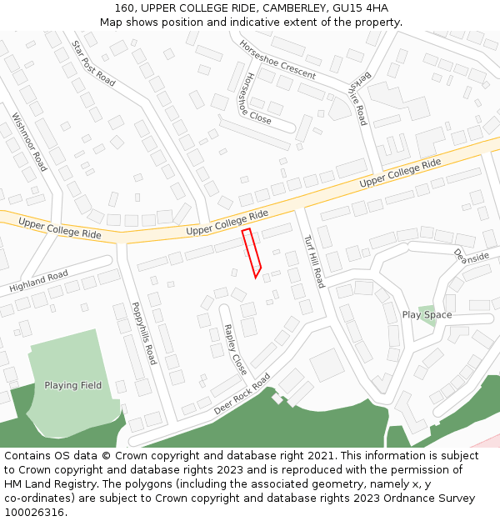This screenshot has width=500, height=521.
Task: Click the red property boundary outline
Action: (252, 253)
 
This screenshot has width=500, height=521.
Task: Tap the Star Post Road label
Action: (93, 63)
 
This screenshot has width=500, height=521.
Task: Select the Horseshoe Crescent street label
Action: (277, 59)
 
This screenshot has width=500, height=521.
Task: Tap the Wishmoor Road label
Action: (29, 143)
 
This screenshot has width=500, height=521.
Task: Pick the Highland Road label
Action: (38, 282)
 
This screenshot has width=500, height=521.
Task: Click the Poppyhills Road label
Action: (144, 333)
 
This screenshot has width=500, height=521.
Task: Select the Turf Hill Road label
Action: (313, 260)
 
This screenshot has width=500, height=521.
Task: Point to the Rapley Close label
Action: (236, 349)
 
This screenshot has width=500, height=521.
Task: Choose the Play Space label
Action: (427, 315)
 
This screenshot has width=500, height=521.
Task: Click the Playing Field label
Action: (72, 385)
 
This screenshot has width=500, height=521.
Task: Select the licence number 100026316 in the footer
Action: (36, 512)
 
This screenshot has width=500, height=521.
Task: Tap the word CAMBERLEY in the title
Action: (288, 8)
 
